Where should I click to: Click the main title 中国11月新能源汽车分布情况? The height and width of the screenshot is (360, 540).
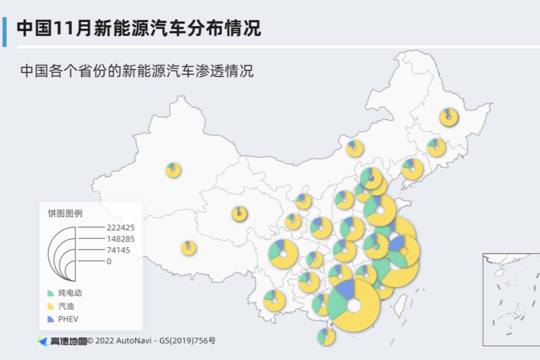pos(138,28)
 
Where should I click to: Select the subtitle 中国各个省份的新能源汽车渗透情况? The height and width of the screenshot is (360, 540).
pos(137,71)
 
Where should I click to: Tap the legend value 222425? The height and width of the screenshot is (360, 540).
pos(121,228)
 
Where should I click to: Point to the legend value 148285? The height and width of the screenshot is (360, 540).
pos(121,239)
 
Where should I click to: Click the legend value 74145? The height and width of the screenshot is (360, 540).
pos(118,250)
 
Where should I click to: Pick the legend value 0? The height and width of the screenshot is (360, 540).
pos(109,261)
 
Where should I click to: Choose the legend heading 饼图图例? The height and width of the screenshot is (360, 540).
pos(65,213)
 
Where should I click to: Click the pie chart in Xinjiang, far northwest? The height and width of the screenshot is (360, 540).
pos(173,170)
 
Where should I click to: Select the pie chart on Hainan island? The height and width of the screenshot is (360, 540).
pos(326,337)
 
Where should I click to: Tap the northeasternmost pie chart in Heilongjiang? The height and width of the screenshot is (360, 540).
pos(449,117)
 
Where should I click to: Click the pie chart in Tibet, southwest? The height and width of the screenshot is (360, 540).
pos(188,248)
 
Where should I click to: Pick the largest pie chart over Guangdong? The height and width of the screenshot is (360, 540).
pos(353,305)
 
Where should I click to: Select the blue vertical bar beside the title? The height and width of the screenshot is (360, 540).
pos(5,31)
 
